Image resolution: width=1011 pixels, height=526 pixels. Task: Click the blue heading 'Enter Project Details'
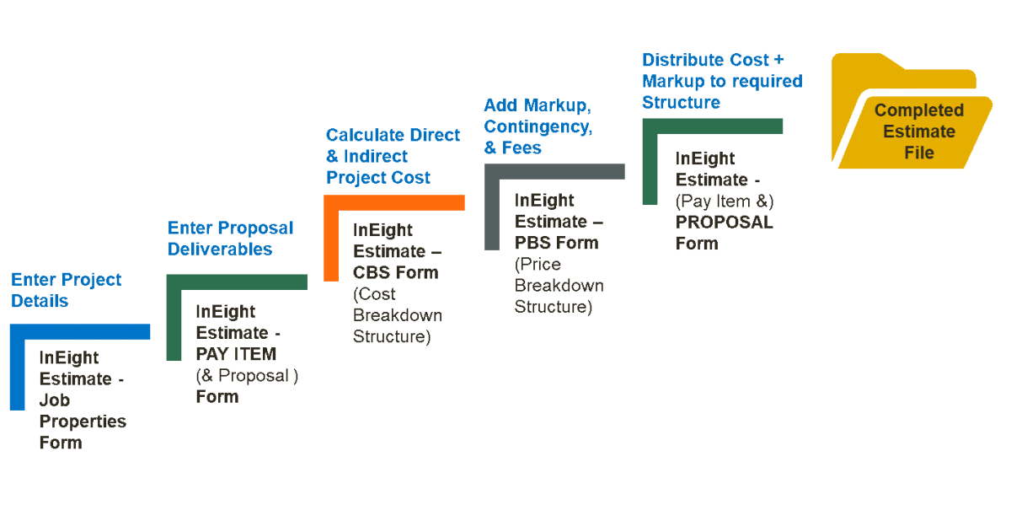[x=66, y=290]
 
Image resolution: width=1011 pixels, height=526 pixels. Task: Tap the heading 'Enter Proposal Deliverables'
[x=230, y=239]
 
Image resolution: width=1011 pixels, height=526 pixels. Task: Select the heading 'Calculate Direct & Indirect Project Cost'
[x=393, y=156]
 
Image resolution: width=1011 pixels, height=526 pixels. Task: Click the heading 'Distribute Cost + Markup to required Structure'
[x=721, y=81]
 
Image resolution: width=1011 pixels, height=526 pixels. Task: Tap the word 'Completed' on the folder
[x=918, y=110]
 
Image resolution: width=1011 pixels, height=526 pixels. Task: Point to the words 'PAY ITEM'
[x=236, y=354]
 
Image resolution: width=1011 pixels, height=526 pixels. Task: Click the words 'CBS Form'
[x=395, y=272]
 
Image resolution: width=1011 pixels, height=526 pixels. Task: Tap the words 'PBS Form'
[x=556, y=243]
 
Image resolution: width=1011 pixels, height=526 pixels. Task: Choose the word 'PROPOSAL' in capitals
[x=724, y=223]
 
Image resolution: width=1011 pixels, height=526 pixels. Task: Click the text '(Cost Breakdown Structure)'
[x=397, y=315]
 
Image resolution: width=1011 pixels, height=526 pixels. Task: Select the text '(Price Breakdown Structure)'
[x=559, y=285]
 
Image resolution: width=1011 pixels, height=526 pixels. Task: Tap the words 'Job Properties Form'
[x=82, y=421]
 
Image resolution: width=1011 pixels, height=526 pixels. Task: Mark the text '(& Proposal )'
[x=247, y=376]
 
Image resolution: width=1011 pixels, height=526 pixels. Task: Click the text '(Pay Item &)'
[x=725, y=201]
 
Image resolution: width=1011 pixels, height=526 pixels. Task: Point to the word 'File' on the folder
[x=918, y=153]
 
